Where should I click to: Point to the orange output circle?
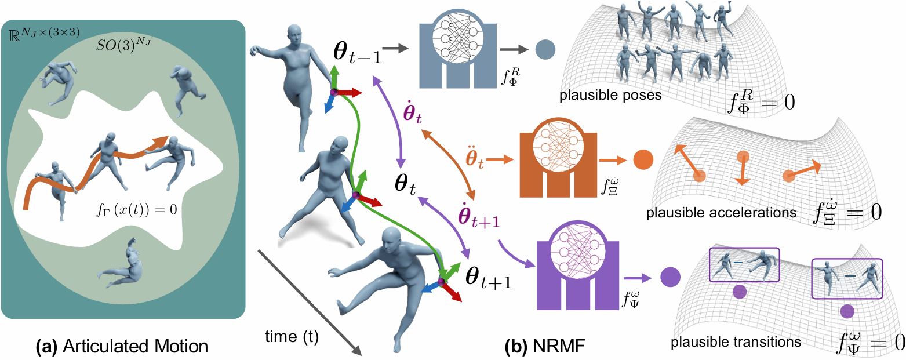pos(643,159)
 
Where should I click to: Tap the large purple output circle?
pos(670,276)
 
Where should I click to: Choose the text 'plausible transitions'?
pos(736,341)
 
